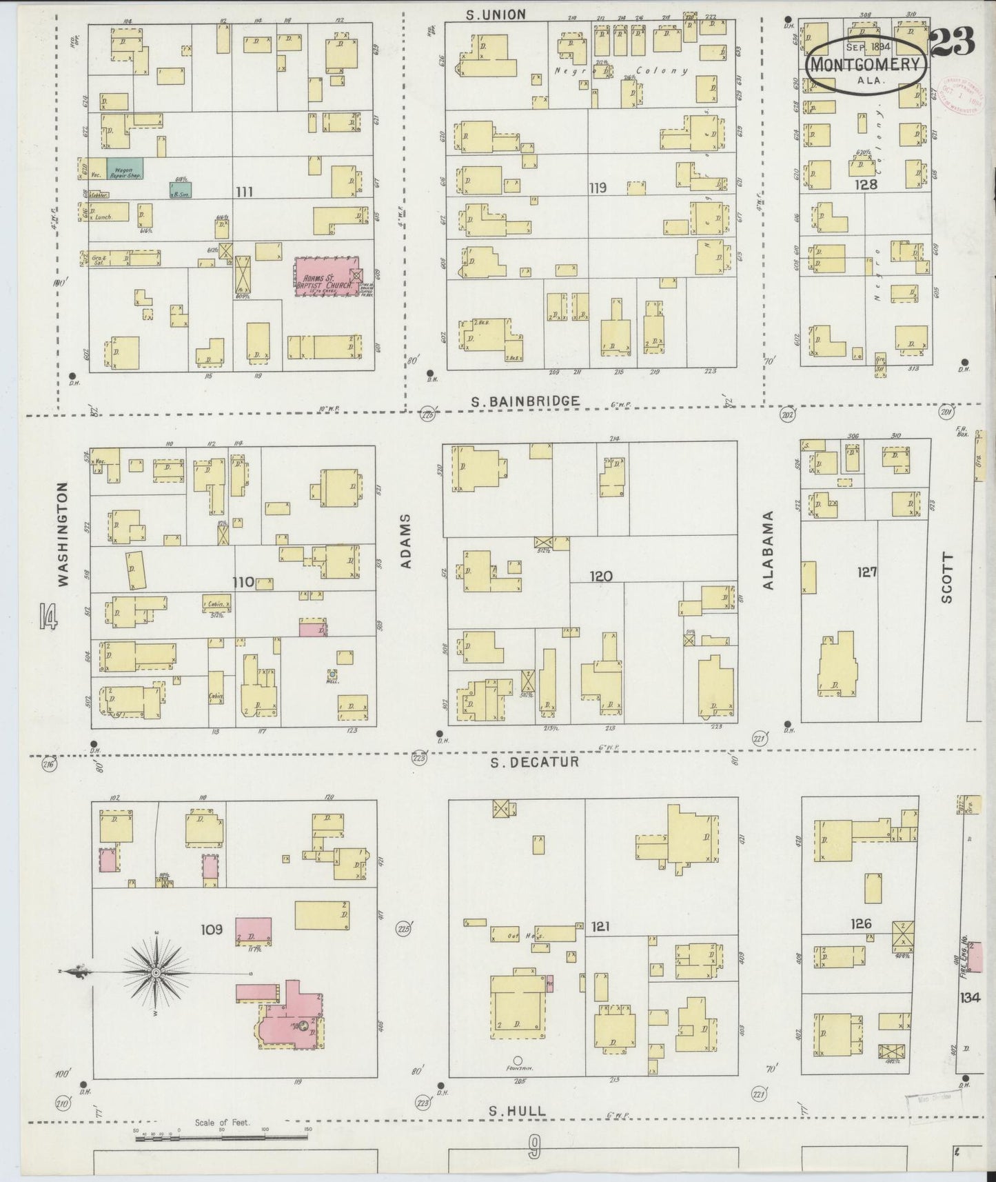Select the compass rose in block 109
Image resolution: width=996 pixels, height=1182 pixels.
pyautogui.click(x=156, y=972)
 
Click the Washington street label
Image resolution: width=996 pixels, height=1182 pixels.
pyautogui.click(x=63, y=534)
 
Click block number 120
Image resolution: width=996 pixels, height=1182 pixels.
pyautogui.click(x=600, y=575)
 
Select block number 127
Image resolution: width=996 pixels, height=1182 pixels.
pyautogui.click(x=866, y=571)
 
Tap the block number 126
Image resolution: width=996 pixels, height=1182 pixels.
pyautogui.click(x=861, y=924)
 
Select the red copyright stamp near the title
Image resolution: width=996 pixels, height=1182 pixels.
pyautogui.click(x=959, y=98)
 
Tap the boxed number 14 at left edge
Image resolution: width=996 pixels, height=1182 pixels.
pyautogui.click(x=48, y=616)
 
